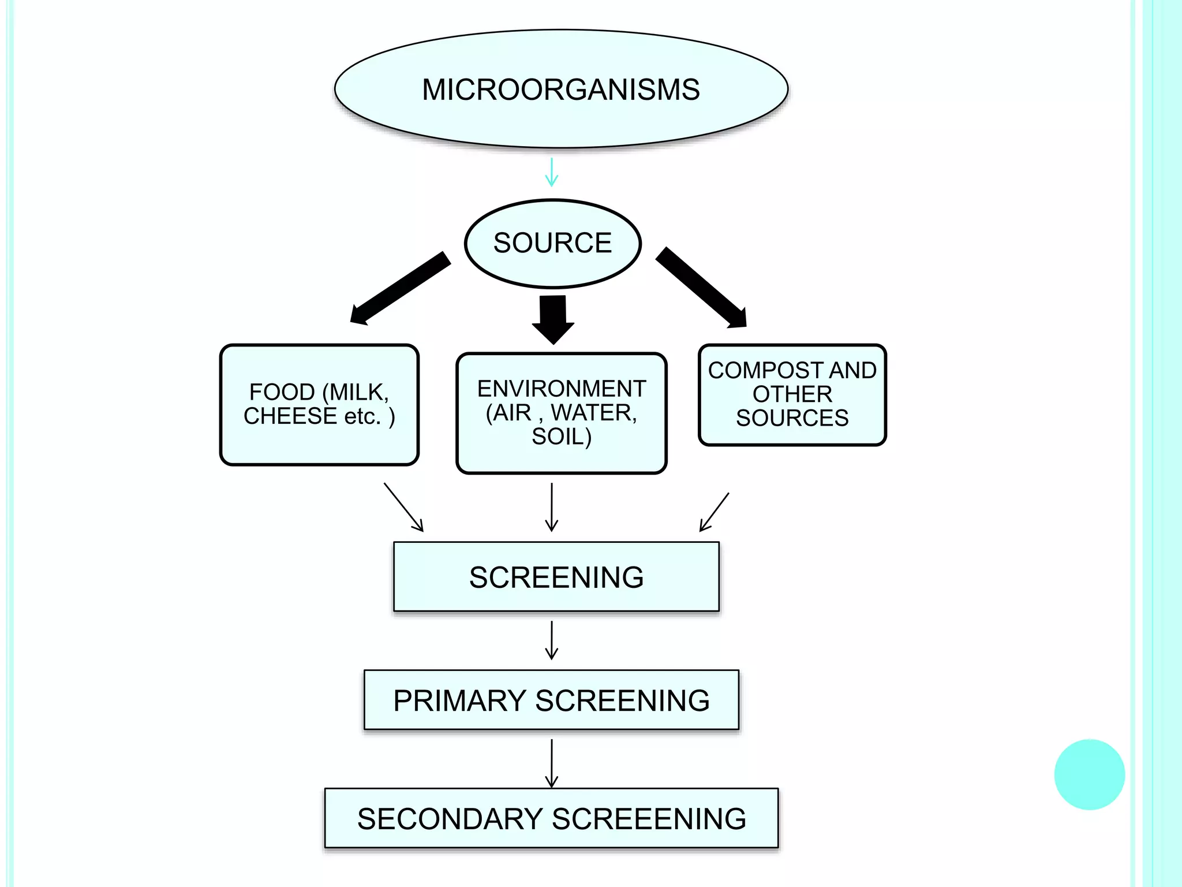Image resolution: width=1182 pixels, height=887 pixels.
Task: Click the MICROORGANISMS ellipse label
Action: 560,90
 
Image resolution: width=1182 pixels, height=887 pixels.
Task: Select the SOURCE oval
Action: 552,243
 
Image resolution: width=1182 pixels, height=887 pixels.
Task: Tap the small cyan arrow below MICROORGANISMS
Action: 552,172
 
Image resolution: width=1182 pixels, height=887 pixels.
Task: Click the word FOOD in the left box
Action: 282,392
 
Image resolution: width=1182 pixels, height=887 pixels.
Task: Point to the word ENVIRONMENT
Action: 561,389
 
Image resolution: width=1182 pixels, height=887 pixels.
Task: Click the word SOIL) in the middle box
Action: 561,437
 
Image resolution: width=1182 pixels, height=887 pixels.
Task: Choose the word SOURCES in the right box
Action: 792,418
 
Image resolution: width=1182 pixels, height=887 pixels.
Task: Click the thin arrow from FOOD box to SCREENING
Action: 403,507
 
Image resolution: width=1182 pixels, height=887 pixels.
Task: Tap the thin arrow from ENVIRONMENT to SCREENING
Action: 552,507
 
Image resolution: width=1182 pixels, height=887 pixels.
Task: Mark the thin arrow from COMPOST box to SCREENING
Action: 715,512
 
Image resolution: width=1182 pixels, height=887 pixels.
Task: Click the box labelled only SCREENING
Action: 556,577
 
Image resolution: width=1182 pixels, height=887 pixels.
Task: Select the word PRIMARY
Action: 459,700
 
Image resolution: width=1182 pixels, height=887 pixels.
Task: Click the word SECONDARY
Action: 450,819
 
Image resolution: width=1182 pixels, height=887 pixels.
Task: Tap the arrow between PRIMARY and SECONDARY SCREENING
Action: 552,763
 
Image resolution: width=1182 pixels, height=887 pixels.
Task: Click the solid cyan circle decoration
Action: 1089,774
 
